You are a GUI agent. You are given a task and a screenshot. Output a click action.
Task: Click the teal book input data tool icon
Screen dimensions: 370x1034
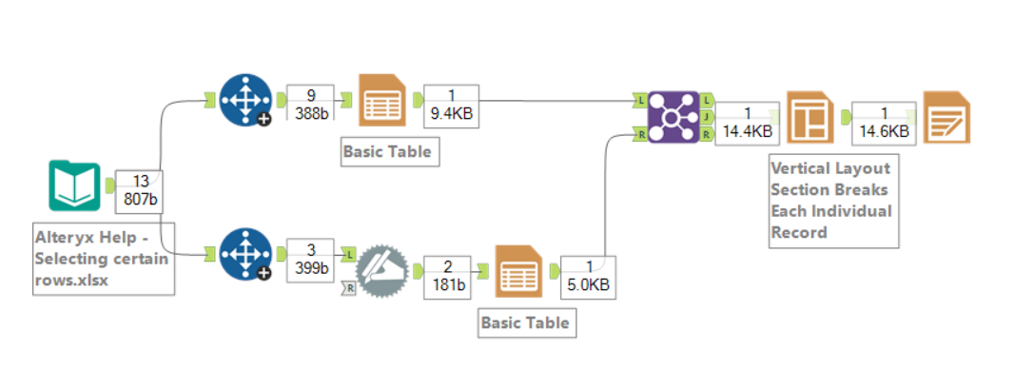74,185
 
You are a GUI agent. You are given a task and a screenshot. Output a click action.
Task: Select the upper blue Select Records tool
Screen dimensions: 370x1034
244,99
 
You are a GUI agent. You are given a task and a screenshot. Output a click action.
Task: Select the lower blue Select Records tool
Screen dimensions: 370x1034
244,254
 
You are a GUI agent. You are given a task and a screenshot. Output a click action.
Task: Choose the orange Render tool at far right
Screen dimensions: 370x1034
946,119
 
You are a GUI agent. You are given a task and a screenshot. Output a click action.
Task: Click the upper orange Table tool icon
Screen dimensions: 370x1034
381,102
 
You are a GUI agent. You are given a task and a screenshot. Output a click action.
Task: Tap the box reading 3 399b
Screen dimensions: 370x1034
310,259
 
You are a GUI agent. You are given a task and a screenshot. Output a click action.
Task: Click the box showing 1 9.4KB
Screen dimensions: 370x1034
451,103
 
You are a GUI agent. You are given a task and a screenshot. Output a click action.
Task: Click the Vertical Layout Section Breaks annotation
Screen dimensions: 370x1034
832,201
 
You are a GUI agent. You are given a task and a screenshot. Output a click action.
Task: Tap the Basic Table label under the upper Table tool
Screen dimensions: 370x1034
388,151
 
